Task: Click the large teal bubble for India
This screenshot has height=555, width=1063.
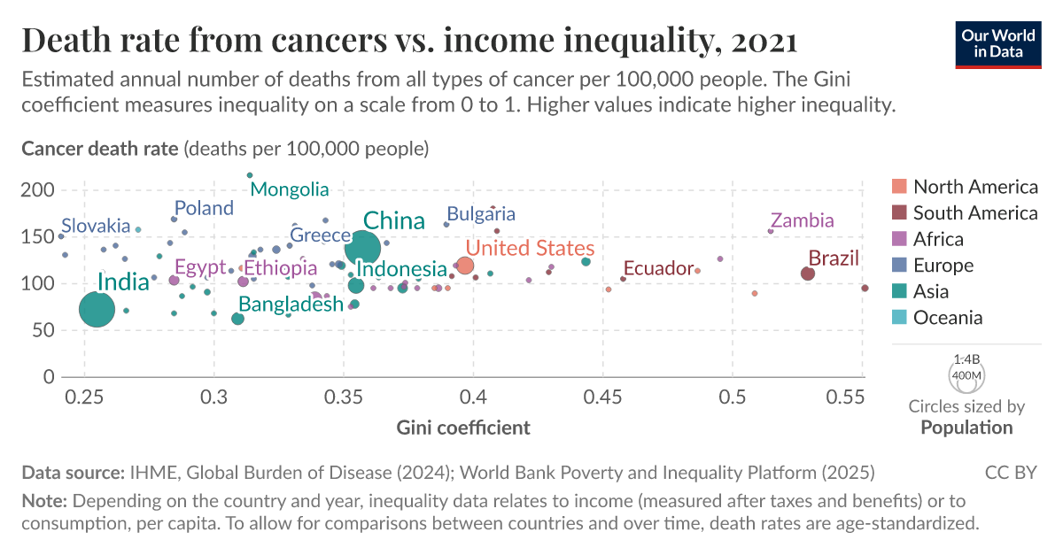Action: (97, 310)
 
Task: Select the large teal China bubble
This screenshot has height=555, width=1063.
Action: (363, 248)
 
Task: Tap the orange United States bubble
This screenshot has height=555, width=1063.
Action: (465, 266)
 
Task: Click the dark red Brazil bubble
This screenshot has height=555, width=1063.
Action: (807, 274)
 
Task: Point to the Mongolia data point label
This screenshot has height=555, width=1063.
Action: (290, 189)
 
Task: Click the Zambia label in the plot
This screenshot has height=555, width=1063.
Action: (802, 220)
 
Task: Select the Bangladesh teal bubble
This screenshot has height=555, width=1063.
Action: (237, 319)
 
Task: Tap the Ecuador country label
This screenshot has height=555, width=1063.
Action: (657, 268)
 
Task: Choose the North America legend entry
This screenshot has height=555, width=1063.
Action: (974, 187)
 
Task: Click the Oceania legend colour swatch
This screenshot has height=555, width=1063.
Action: (899, 318)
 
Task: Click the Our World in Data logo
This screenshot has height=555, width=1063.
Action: (997, 42)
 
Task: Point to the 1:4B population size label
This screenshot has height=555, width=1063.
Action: (966, 360)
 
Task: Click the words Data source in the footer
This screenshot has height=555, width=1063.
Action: (72, 473)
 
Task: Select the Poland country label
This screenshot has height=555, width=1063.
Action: (204, 208)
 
